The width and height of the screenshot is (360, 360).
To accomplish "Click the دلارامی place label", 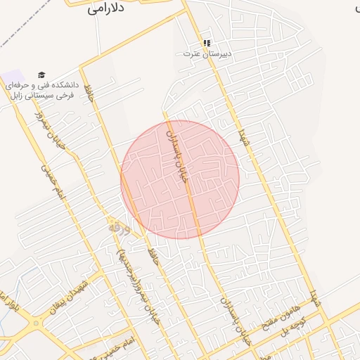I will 106,9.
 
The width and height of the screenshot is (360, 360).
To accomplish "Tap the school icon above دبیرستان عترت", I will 207,43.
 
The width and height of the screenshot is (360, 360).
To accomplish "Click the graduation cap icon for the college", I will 41,75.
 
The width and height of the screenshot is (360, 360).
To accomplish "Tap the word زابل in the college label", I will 16,95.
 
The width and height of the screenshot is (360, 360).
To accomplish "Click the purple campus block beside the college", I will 12,75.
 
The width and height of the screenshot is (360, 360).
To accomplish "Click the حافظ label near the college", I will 89,93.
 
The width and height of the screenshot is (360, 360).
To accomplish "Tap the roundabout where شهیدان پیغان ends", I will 36,324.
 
